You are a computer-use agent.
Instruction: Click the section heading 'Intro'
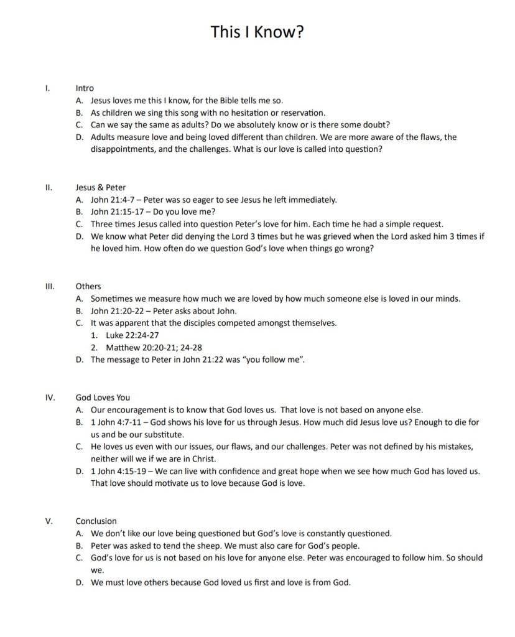85,88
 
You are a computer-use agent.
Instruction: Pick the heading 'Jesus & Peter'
101,187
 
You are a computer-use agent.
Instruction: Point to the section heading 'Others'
88,286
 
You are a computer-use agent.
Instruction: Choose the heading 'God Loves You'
103,397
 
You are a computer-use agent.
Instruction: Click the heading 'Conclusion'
96,521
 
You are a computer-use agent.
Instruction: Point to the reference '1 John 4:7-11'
116,422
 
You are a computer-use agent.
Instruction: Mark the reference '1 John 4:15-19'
118,471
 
